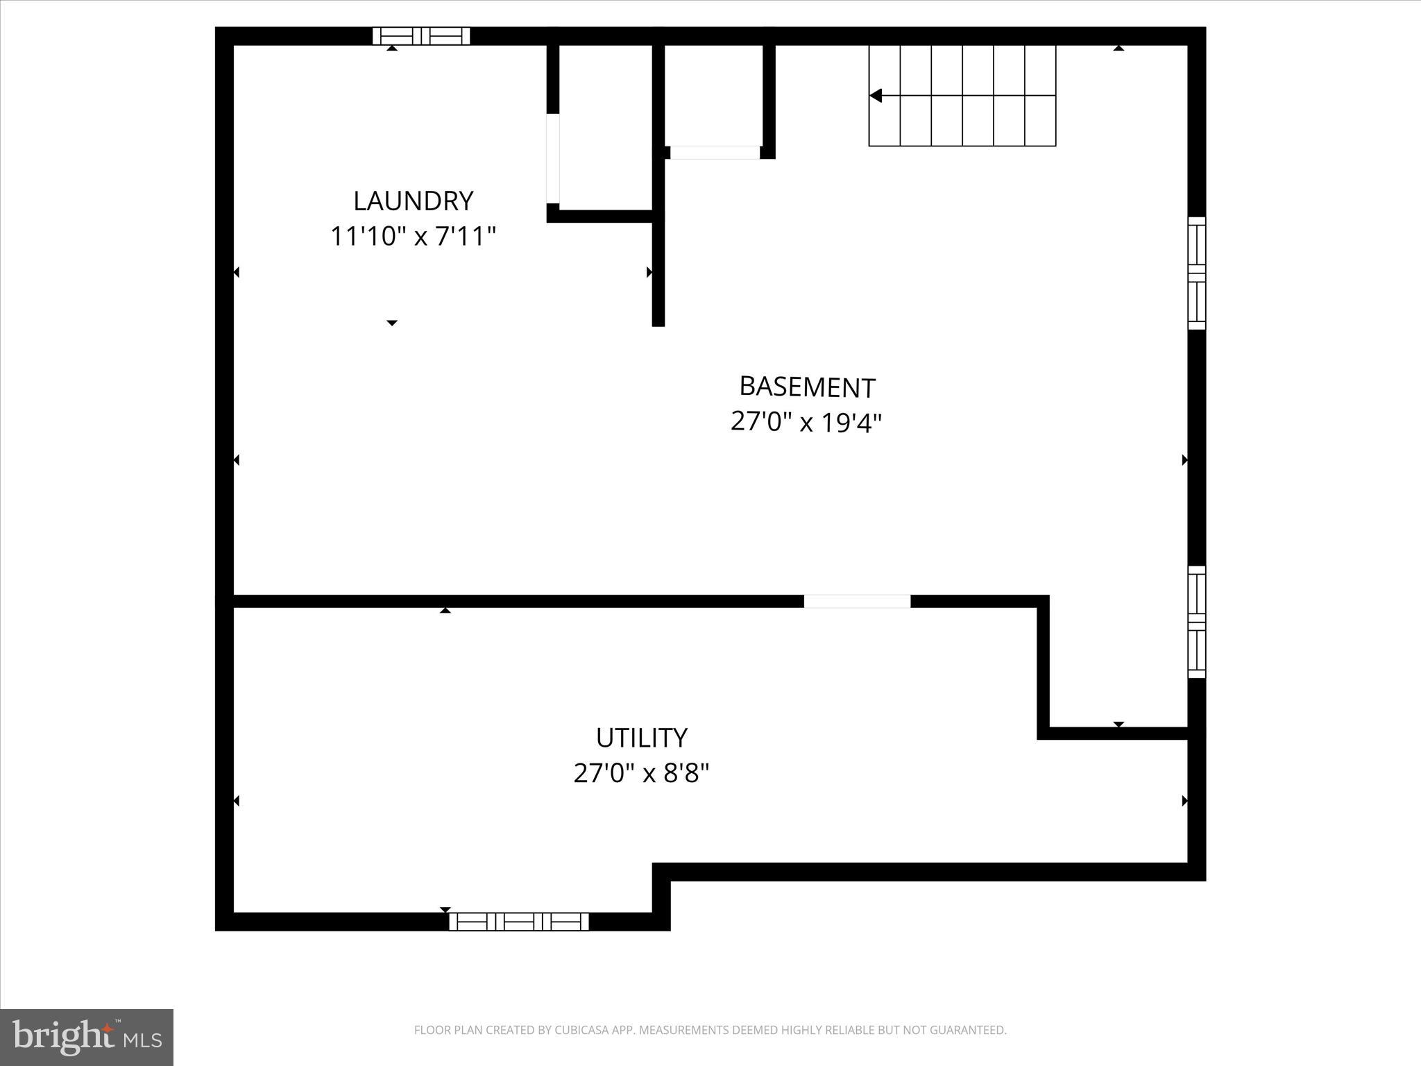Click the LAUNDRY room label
(413, 201)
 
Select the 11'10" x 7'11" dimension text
(413, 236)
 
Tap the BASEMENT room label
(807, 387)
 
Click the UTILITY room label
(641, 737)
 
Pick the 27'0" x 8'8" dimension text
(641, 772)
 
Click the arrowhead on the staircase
(876, 96)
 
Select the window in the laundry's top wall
(421, 36)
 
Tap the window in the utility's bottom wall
(519, 922)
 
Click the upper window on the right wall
(1196, 273)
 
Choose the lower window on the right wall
(1196, 622)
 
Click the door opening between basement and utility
(857, 602)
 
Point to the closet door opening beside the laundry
(553, 158)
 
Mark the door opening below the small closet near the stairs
(715, 153)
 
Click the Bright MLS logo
(87, 1036)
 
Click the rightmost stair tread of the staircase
(1040, 96)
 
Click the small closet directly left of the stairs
(714, 94)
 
